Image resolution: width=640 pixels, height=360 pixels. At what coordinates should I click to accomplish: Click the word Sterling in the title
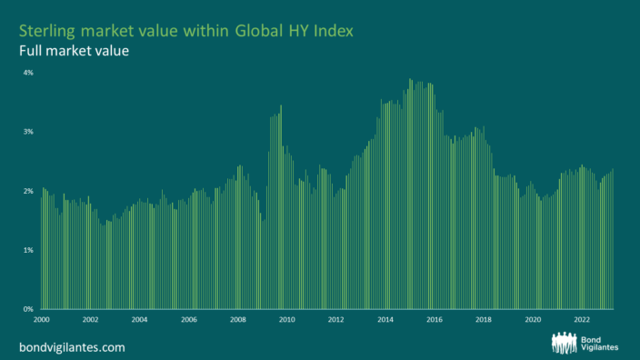click(48, 32)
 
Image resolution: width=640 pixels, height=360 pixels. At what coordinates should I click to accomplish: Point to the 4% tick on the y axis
click(28, 73)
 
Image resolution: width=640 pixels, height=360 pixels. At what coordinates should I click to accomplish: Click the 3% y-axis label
click(28, 132)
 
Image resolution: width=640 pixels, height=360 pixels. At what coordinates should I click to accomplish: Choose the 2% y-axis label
click(28, 191)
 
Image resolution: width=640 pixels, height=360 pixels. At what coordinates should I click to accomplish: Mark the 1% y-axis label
click(28, 250)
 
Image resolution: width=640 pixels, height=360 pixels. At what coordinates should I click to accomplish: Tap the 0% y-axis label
click(28, 309)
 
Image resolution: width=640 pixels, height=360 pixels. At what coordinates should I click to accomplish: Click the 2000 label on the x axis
click(41, 320)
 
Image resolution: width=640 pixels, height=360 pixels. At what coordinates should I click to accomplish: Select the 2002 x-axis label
click(90, 320)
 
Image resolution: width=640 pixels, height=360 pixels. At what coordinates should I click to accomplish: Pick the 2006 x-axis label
click(188, 320)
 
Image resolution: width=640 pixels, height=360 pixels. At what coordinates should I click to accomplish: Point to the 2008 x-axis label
click(237, 320)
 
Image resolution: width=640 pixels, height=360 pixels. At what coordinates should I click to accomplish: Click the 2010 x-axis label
click(286, 320)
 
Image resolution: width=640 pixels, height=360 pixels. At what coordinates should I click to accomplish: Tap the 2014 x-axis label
click(385, 320)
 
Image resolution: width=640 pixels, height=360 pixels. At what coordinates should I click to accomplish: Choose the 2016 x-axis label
click(435, 320)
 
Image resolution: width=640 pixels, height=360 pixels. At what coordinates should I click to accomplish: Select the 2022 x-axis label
click(582, 320)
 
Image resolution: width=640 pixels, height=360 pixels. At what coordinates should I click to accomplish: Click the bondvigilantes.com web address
click(72, 347)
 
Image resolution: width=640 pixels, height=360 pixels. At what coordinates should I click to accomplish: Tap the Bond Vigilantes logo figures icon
click(564, 342)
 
